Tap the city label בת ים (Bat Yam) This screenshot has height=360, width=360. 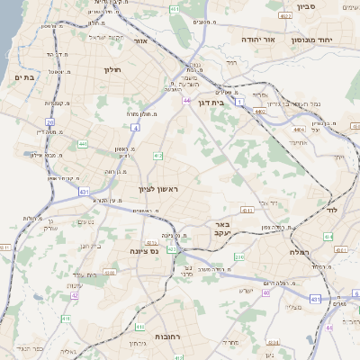tap(24, 78)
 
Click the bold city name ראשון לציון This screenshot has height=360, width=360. tap(158, 189)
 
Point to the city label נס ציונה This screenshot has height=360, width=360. tap(144, 251)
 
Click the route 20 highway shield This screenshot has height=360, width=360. tap(50, 121)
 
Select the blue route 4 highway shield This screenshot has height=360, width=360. tap(135, 129)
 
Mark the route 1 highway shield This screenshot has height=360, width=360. tap(239, 103)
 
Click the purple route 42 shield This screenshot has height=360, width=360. tap(75, 294)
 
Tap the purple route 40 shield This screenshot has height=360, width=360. tap(265, 292)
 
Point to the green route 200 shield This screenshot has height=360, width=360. tap(238, 257)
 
